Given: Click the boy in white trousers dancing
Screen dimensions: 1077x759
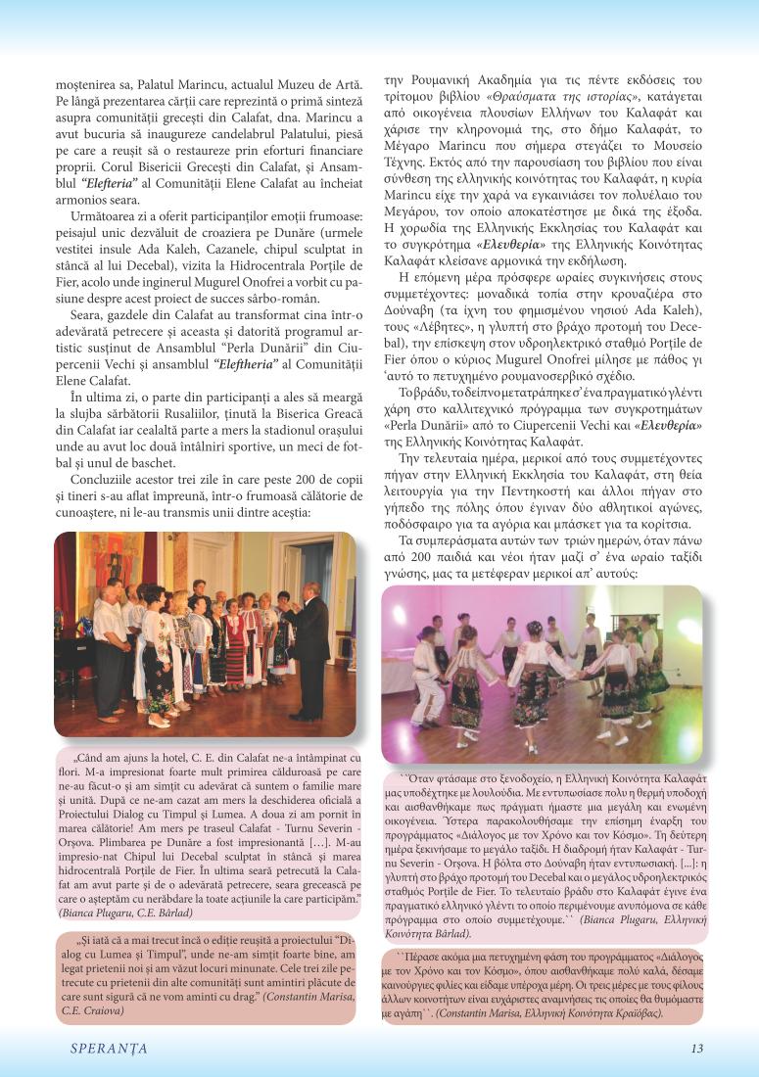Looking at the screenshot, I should click(x=427, y=685).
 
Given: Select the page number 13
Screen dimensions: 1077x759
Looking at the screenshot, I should click(x=697, y=1048).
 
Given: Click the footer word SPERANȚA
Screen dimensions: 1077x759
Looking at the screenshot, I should click(x=109, y=1048).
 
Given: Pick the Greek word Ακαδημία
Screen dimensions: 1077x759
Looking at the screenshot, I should click(x=505, y=80).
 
